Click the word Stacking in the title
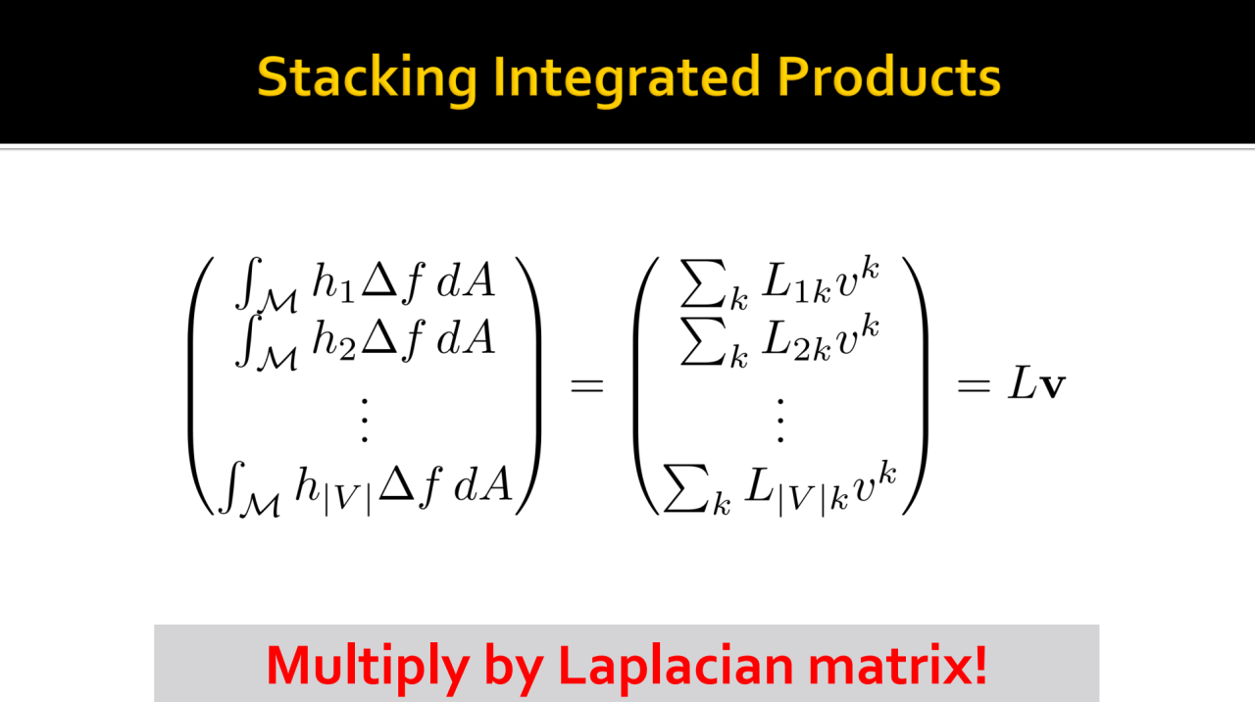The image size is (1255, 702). [x=368, y=78]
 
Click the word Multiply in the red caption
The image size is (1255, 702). [x=368, y=668]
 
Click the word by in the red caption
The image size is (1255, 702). [x=514, y=668]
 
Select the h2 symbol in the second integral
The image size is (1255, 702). [x=333, y=340]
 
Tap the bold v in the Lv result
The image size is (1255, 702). [x=1052, y=386]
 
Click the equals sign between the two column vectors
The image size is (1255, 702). [x=586, y=385]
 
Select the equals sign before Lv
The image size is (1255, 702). [x=974, y=385]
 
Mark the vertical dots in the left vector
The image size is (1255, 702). [x=365, y=421]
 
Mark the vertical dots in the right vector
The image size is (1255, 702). [x=780, y=421]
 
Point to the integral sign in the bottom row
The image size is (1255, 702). [x=232, y=486]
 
